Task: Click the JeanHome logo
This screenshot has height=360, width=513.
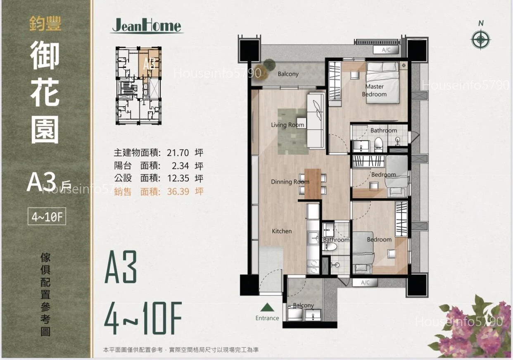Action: (147, 26)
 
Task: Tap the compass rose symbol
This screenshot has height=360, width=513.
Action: (481, 40)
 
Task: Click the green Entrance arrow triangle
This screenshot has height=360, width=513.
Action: (267, 307)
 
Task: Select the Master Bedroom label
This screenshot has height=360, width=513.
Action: (374, 90)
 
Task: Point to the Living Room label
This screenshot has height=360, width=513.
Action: (287, 125)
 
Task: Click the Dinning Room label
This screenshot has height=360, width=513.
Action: (290, 182)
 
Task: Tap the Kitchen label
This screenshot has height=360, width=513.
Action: (282, 231)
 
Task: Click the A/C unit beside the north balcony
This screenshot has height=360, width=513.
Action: (386, 50)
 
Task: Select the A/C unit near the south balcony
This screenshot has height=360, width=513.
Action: (365, 283)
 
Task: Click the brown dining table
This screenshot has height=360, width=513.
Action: (313, 184)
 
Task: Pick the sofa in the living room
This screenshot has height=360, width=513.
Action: (316, 121)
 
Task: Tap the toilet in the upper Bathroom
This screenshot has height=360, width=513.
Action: (378, 145)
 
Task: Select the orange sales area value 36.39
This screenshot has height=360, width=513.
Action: (178, 191)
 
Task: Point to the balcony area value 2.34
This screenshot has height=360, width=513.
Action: (180, 166)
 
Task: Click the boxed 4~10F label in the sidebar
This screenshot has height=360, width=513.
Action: (47, 216)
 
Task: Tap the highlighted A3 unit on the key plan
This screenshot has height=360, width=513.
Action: (149, 64)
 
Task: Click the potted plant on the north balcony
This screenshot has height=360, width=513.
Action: (268, 66)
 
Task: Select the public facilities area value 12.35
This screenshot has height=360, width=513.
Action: (178, 178)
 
